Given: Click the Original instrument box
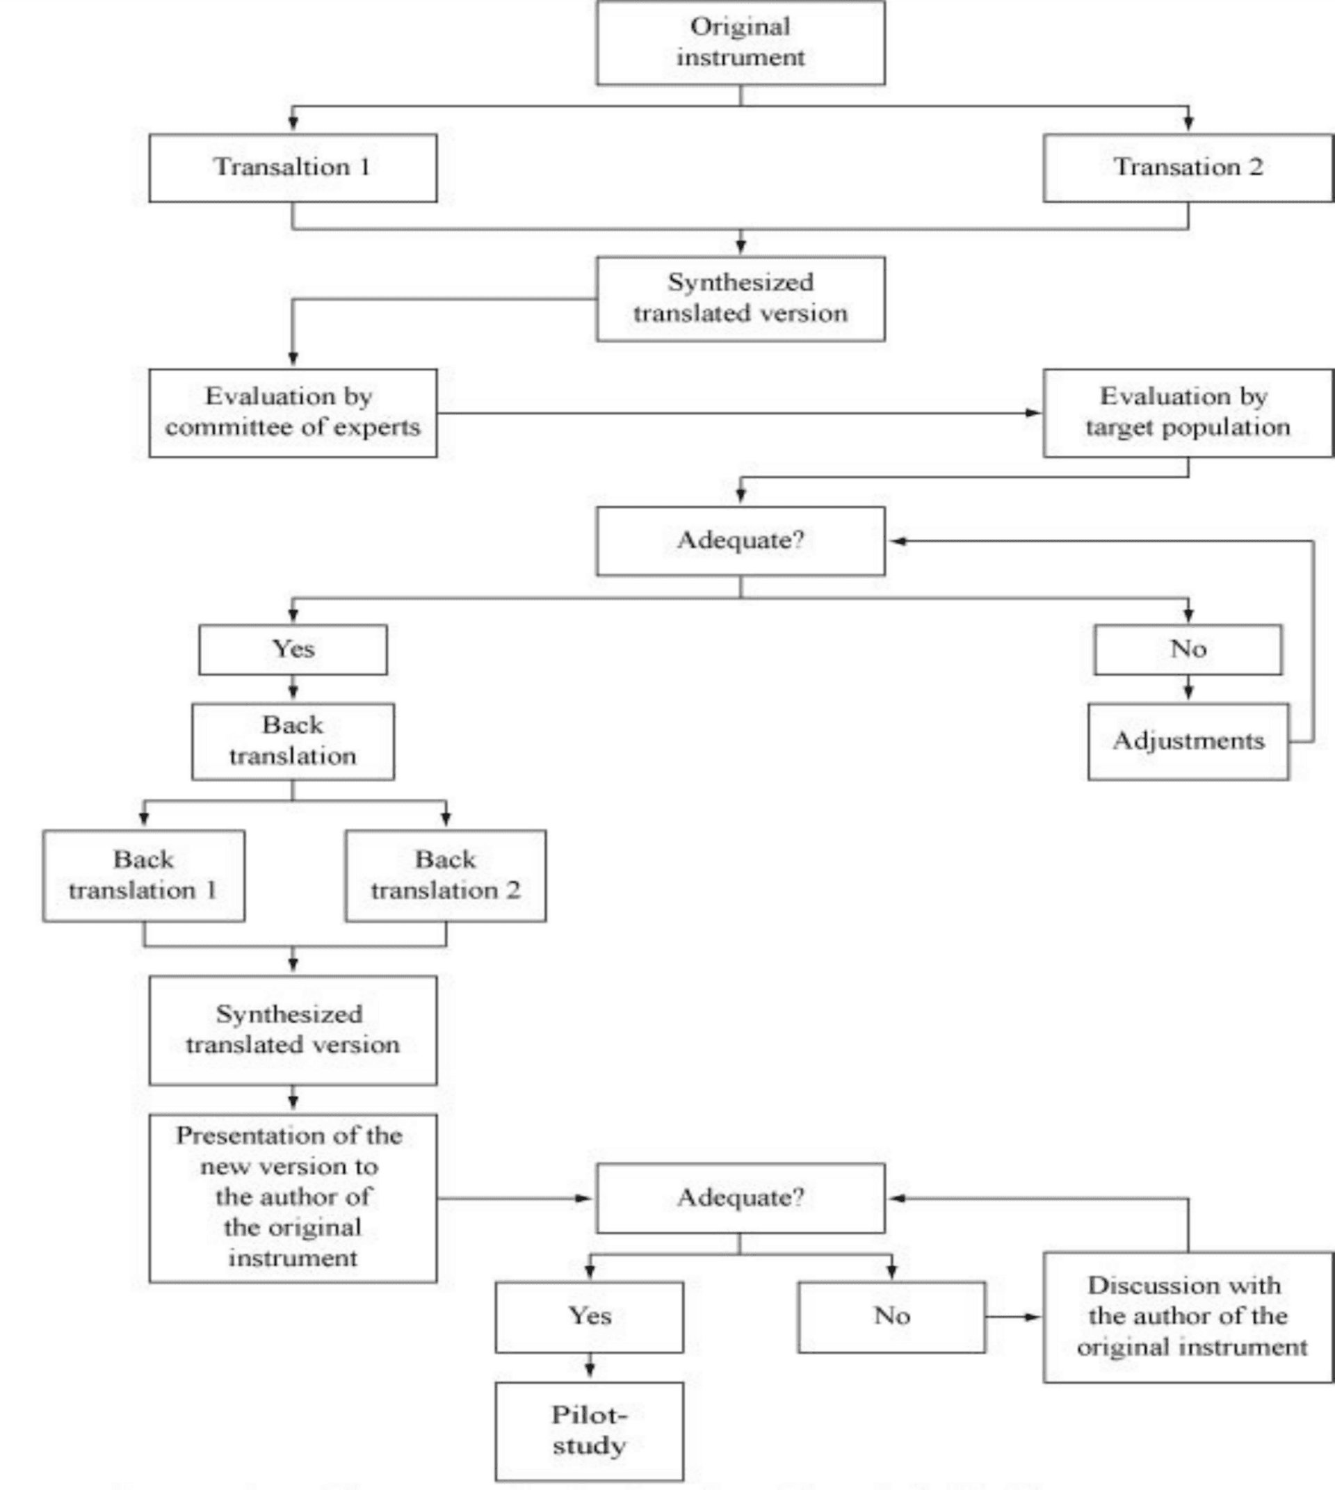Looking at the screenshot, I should tap(740, 42).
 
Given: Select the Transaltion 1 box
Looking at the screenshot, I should tap(293, 168).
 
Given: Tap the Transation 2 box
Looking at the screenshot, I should tap(1188, 168).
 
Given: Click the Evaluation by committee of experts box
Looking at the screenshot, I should tap(293, 412).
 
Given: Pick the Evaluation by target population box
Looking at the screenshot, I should tap(1188, 412).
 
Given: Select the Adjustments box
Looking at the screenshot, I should tap(1188, 741).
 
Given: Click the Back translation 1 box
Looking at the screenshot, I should tap(144, 875).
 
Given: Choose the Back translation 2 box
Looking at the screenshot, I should tap(445, 875).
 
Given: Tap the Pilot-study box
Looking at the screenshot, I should tap(589, 1431).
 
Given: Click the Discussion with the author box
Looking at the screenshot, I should tap(1188, 1317).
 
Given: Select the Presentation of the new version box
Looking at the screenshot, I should tap(293, 1198).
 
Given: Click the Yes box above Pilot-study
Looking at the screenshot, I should tap(589, 1316).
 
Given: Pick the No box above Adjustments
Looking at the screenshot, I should tap(1188, 649).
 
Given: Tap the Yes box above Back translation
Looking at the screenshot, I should tap(293, 649).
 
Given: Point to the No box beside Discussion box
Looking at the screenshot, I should tap(891, 1316).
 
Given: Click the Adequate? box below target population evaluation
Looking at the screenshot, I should tap(740, 541).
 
